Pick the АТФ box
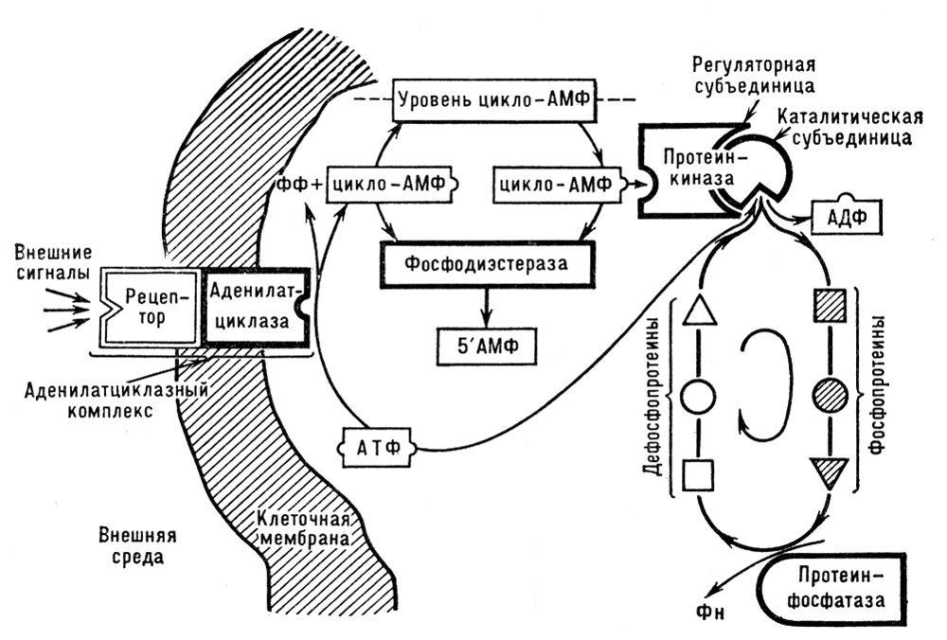(376, 442)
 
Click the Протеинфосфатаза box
(839, 587)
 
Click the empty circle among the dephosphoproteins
(697, 391)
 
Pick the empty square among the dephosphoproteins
(697, 473)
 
